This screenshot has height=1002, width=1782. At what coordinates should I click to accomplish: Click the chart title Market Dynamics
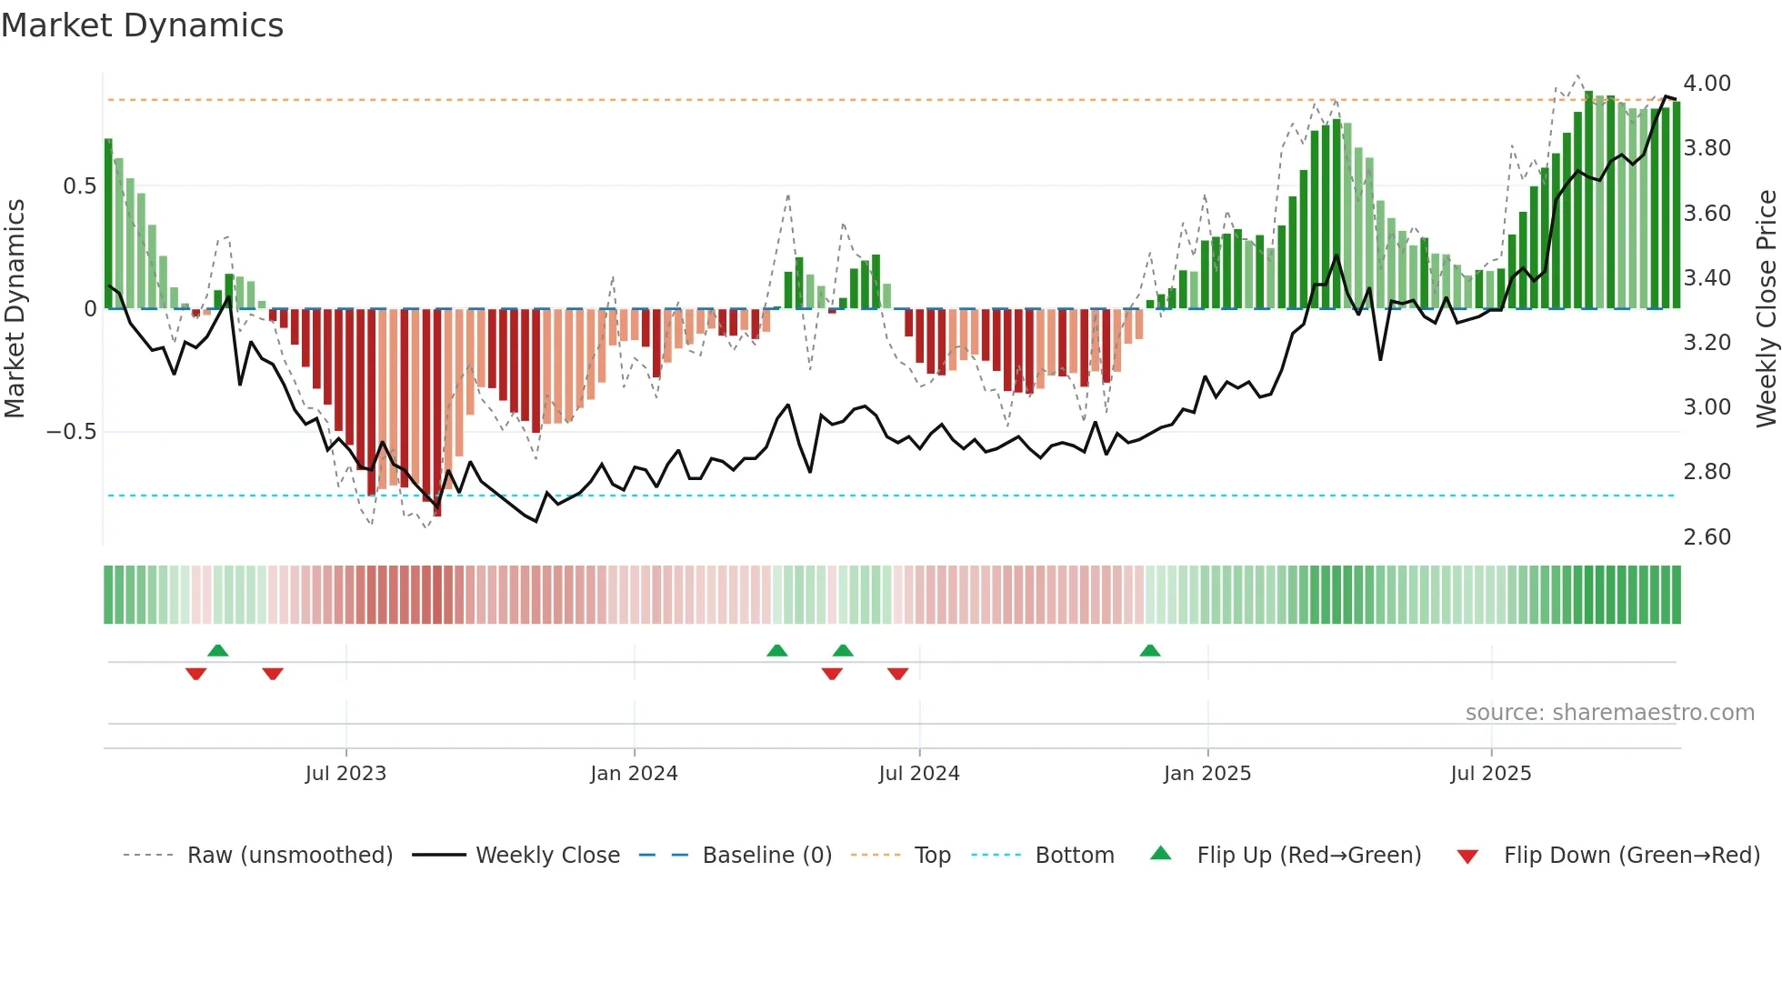tap(142, 25)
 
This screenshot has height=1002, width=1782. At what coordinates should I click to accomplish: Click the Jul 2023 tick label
tap(345, 774)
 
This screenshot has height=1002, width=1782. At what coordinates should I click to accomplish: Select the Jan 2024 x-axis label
tap(634, 774)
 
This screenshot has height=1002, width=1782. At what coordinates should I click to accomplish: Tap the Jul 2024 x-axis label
tap(918, 774)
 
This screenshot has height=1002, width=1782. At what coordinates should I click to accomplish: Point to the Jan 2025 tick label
tap(1206, 774)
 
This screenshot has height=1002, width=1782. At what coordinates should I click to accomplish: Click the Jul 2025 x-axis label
tap(1490, 774)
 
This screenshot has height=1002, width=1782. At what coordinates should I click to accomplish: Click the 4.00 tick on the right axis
tap(1707, 84)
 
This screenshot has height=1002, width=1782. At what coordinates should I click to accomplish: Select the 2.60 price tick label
tap(1707, 537)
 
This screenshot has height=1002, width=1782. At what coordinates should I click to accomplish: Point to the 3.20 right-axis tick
tap(1707, 343)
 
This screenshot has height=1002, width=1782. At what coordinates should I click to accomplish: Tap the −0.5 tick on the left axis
tap(72, 432)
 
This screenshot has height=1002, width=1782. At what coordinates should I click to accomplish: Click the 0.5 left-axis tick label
tap(79, 186)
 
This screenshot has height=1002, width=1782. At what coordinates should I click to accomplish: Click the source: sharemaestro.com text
tap(1609, 713)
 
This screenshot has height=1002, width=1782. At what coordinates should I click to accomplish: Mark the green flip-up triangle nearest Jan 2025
tap(1149, 651)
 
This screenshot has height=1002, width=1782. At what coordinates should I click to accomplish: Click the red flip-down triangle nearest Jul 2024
tap(897, 674)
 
